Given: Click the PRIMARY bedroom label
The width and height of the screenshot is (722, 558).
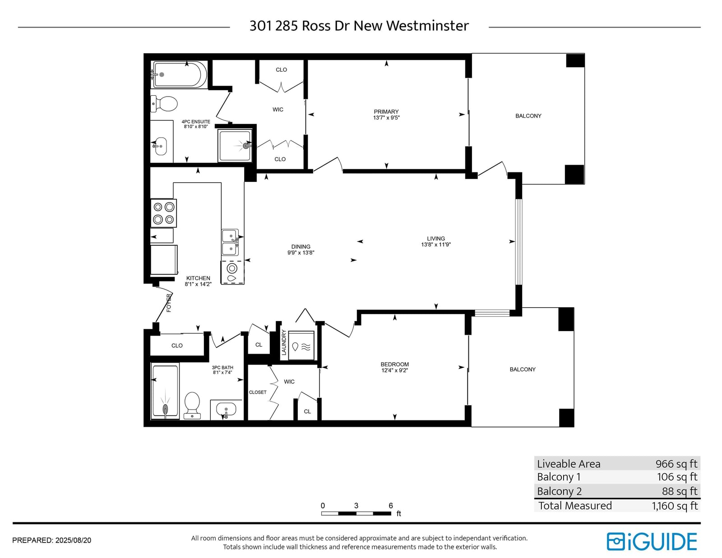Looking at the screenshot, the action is (386, 111).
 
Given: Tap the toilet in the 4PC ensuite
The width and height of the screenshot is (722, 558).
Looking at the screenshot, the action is (164, 104).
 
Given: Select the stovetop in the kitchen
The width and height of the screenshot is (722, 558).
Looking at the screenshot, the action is (163, 213).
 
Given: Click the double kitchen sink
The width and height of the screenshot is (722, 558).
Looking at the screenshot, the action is (230, 242).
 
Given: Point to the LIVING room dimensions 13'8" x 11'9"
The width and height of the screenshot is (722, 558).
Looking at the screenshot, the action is (436, 245).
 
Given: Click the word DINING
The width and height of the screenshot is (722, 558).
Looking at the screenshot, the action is (301, 247).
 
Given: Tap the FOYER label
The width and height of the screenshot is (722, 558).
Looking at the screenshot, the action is (169, 303).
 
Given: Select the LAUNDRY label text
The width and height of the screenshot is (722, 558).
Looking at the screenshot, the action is (283, 342).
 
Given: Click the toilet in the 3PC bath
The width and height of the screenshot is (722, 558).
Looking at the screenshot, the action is (192, 405).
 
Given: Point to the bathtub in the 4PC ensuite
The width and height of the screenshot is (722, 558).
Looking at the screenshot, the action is (179, 74).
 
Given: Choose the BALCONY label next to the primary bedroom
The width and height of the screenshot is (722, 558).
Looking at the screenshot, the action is (528, 116).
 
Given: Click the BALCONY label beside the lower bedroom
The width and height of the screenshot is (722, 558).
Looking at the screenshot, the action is (523, 369).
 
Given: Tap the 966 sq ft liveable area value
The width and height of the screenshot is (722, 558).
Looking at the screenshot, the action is (676, 464).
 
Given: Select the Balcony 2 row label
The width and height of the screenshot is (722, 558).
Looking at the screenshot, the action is (559, 491).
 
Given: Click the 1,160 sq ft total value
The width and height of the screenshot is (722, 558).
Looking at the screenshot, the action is (675, 506).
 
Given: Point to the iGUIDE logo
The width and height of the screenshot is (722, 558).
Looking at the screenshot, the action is (652, 542).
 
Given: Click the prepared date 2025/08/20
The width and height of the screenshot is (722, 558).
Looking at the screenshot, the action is (73, 540).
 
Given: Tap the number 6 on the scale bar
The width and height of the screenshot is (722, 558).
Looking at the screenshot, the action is (391, 506).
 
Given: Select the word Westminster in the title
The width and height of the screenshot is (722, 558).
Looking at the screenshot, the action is (427, 26).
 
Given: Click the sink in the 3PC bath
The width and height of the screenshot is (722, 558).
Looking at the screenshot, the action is (226, 409).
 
